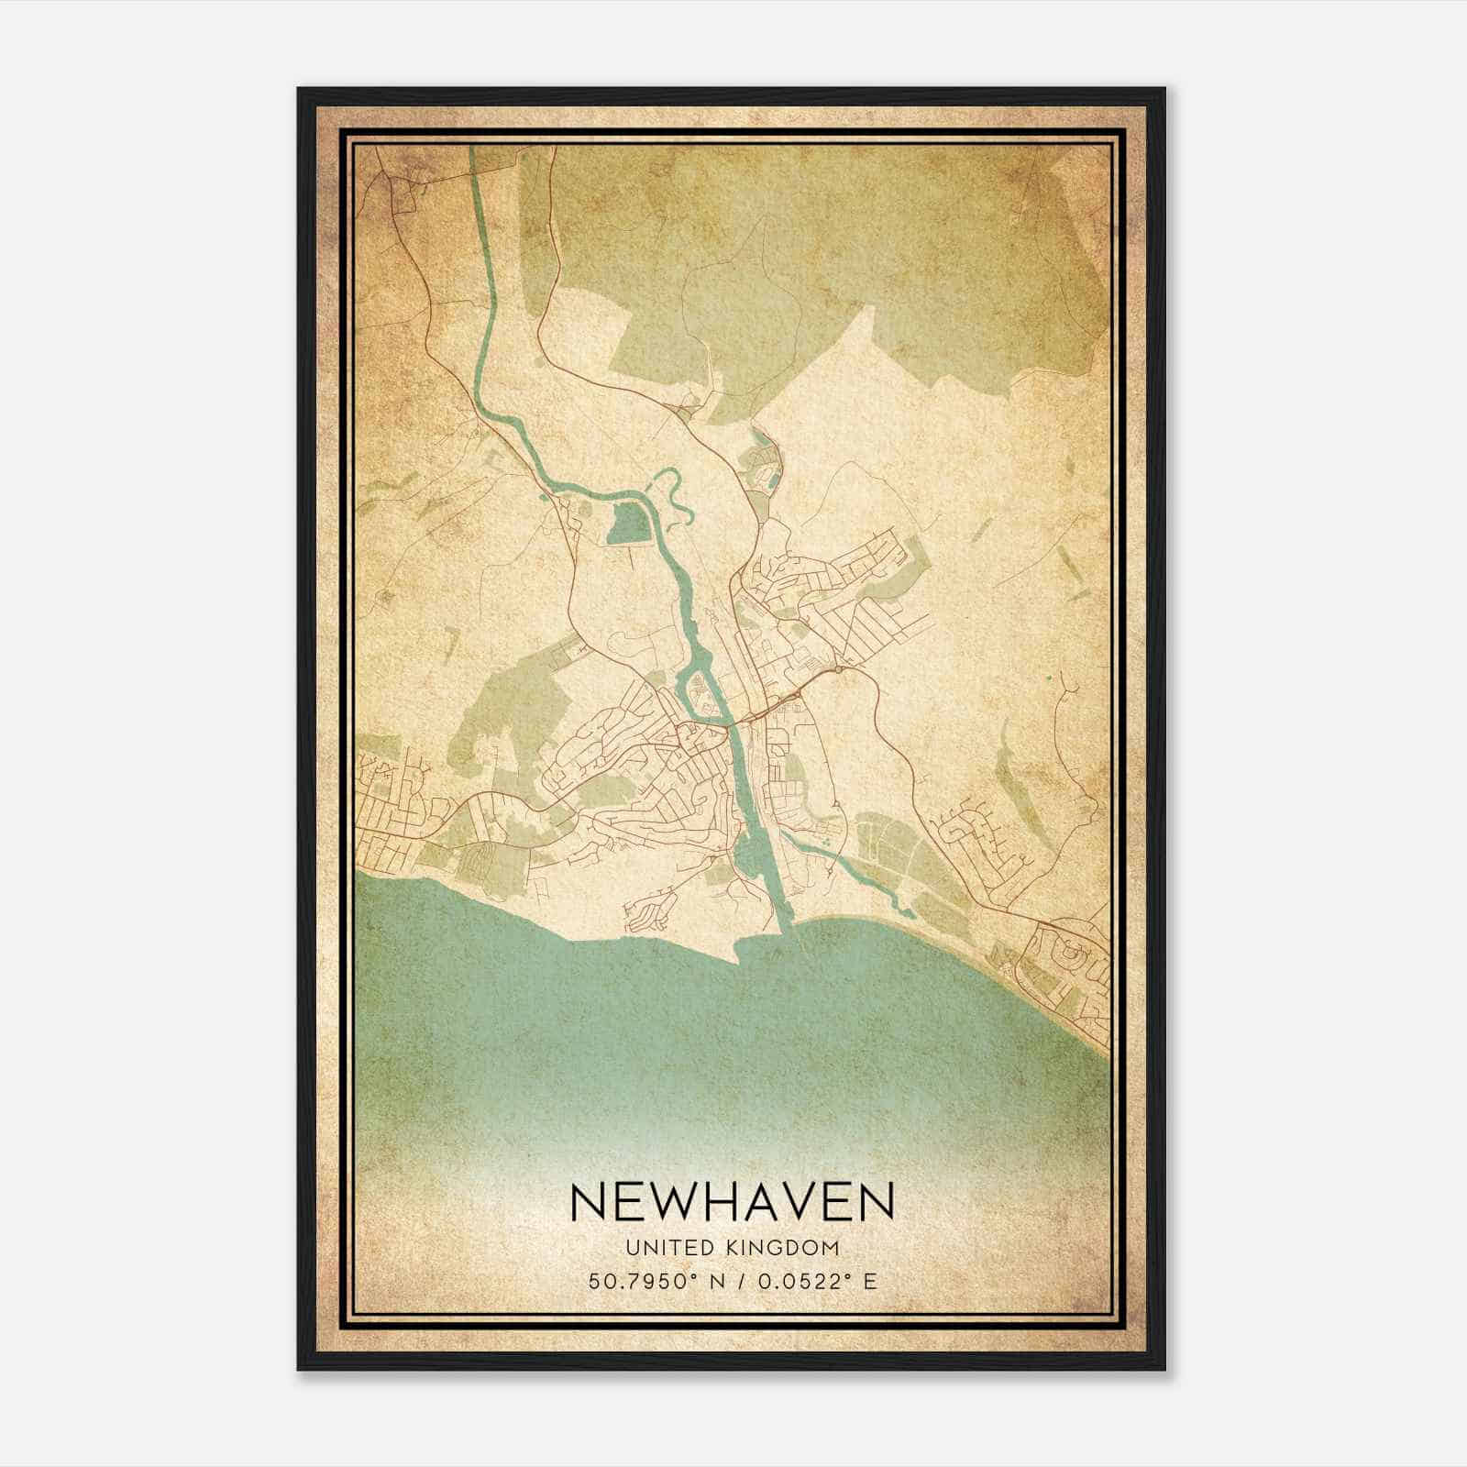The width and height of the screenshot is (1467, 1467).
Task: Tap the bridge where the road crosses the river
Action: [733, 724]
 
